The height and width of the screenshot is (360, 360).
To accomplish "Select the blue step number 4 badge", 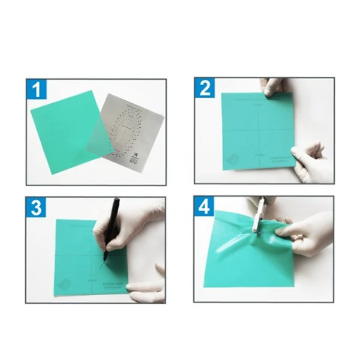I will (x=205, y=208).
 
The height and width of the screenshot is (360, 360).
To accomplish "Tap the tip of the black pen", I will (x=105, y=260).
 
